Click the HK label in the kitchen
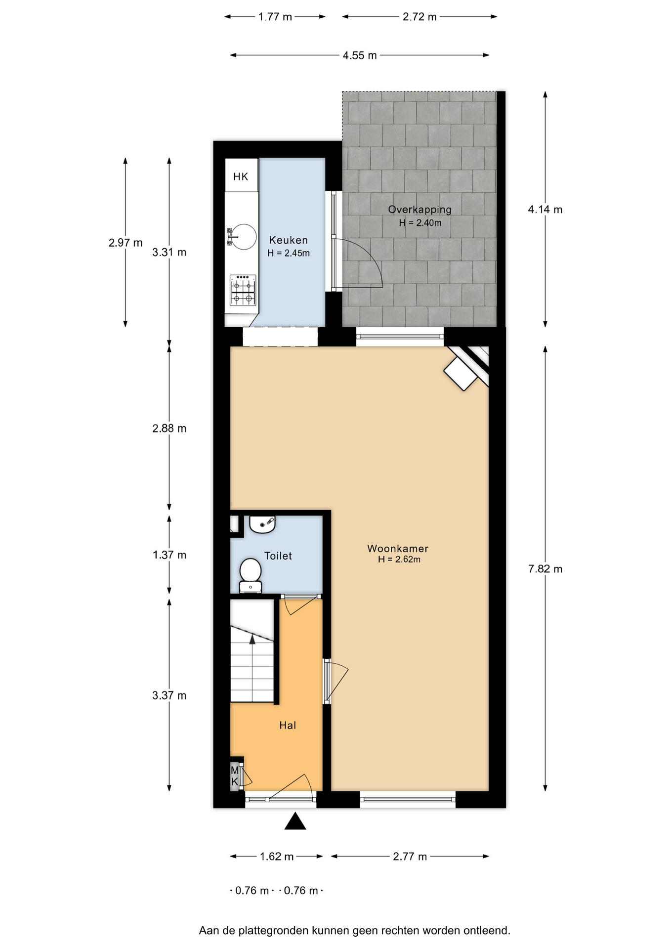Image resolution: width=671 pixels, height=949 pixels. pos(241,176)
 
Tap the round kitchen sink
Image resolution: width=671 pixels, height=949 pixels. pos(244,237)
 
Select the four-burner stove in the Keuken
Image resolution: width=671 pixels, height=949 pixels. pos(243,290)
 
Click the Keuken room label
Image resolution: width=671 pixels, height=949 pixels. pos(289,240)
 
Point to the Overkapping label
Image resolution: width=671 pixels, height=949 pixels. pos(419,210)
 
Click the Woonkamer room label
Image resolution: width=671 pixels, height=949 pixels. pos(398,549)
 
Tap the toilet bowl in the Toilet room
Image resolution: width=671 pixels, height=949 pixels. pos(251,575)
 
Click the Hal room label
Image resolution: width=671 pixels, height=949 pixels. pos(288,725)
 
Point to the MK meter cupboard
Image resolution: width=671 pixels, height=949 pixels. pos(235,776)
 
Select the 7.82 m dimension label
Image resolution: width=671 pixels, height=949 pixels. pos(545,569)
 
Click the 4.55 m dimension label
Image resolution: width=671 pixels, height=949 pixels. pos(360,55)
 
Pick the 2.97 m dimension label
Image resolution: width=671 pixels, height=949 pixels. pos(126,243)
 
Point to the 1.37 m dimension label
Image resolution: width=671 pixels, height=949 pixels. pos(169,555)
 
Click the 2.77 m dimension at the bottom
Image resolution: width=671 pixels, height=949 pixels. pos(410,857)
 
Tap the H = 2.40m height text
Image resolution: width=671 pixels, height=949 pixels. pos(420,223)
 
